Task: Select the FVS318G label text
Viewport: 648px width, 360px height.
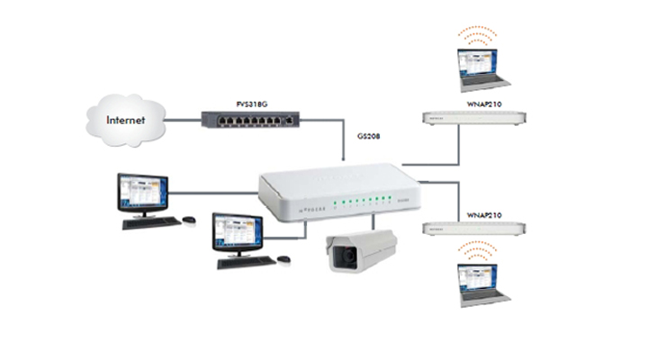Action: [x=255, y=103]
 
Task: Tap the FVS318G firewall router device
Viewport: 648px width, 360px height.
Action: [x=249, y=118]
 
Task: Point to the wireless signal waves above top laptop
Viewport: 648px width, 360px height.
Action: [x=476, y=34]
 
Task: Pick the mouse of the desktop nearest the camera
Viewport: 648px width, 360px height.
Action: [x=283, y=259]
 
